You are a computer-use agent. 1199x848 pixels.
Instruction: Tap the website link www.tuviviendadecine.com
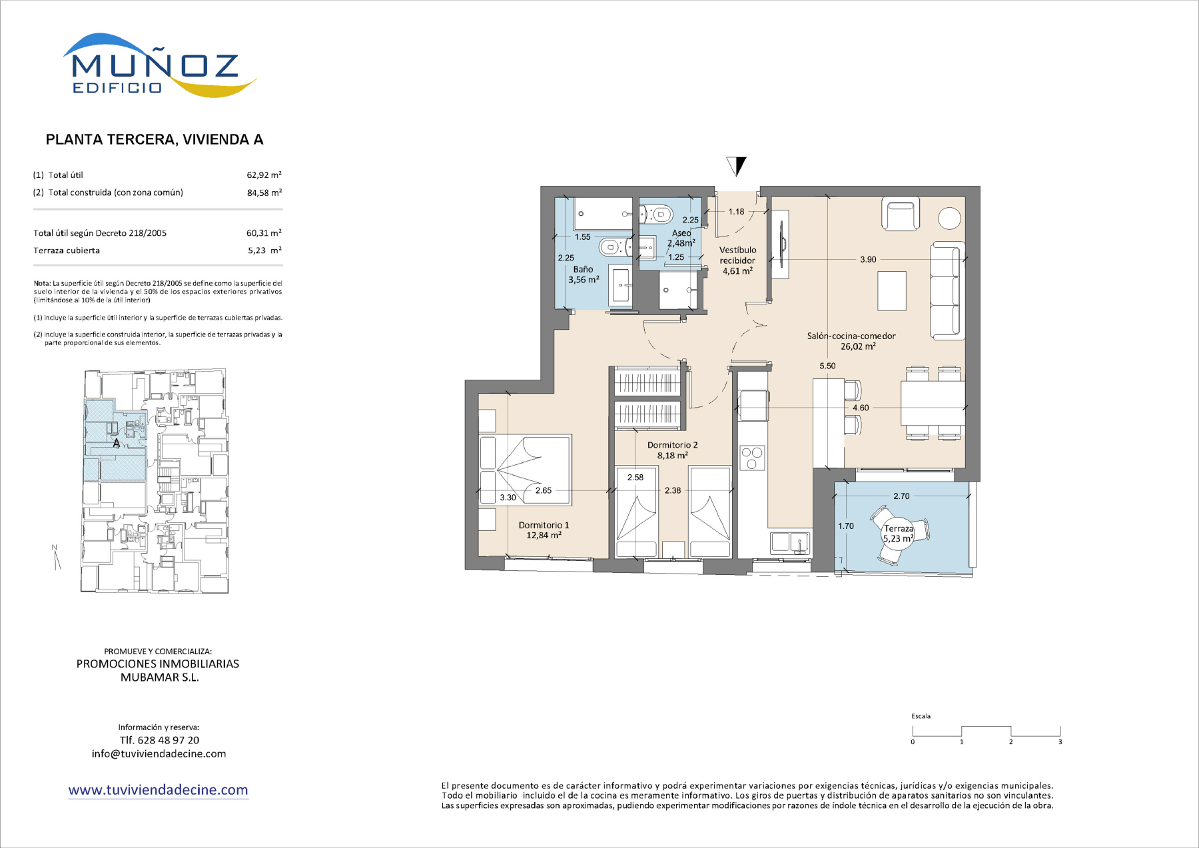(158, 790)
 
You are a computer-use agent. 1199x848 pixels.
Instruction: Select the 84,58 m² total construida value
(264, 193)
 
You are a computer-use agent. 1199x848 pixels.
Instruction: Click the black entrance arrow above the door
(737, 166)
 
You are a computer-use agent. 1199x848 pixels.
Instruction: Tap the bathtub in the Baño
(603, 214)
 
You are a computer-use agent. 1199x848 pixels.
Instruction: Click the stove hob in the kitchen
(753, 458)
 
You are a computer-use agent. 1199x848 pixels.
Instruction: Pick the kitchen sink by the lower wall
(791, 543)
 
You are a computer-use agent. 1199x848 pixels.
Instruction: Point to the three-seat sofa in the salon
(947, 291)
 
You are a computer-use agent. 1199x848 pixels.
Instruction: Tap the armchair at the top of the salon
(901, 214)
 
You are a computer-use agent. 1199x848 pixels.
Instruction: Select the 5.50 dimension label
(827, 366)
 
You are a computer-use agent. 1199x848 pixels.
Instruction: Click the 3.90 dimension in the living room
(868, 260)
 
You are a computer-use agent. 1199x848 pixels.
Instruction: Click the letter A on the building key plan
(117, 443)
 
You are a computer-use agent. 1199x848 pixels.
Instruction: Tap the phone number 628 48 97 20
(169, 740)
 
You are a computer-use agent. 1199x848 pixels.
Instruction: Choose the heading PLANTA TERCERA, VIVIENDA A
(155, 140)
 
